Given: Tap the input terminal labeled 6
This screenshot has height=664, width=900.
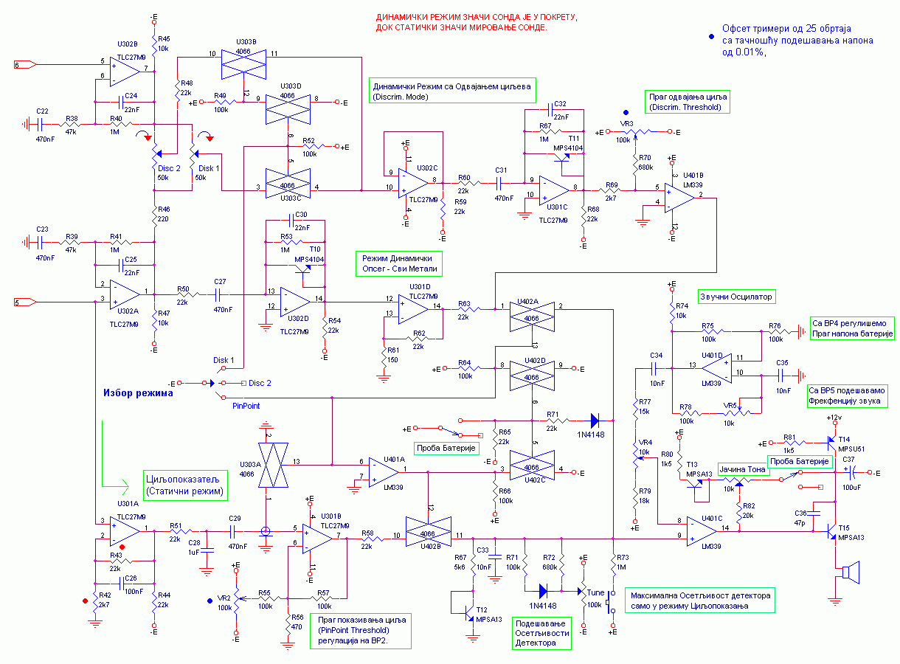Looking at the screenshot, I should coord(25,65).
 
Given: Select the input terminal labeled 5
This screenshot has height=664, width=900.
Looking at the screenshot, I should coord(25,301).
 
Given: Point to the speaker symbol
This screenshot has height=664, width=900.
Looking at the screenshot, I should coord(851,573).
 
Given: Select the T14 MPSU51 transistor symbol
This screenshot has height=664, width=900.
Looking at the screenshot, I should coord(832,443).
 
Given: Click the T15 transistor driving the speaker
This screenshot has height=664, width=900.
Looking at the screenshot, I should coord(832,529).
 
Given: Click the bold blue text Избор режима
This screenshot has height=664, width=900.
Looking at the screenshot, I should coord(137,393).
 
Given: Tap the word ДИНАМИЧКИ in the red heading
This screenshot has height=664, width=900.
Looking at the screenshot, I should coord(401,17).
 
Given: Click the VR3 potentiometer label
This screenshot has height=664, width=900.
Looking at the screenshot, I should coord(626,124).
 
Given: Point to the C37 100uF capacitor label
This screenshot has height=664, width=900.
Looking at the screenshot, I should coord(848,459).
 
